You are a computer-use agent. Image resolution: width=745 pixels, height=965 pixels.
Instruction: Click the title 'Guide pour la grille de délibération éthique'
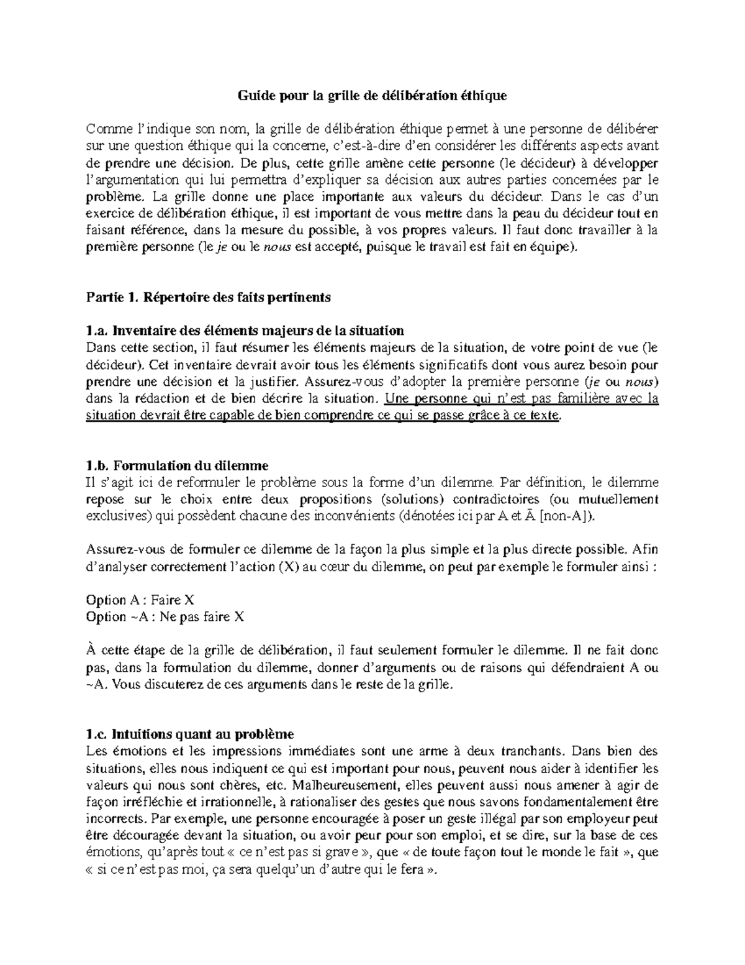click(372, 96)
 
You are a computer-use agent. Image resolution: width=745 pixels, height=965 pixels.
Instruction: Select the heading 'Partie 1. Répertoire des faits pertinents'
click(208, 297)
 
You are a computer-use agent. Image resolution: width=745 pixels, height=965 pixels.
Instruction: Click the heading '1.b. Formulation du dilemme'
click(177, 465)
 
